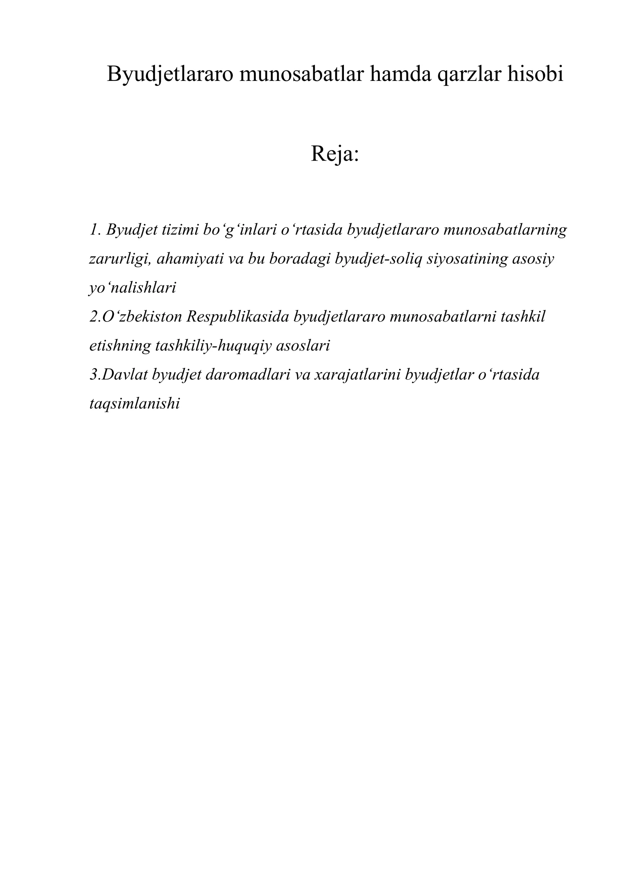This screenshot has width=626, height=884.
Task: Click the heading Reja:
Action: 335,154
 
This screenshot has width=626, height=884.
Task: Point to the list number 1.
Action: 94,230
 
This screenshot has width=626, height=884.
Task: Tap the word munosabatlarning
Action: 505,230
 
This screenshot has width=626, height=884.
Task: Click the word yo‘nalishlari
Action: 133,288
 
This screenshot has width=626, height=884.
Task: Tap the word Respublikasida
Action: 237,317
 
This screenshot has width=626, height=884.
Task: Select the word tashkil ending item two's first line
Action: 522,317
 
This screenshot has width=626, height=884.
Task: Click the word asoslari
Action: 303,346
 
